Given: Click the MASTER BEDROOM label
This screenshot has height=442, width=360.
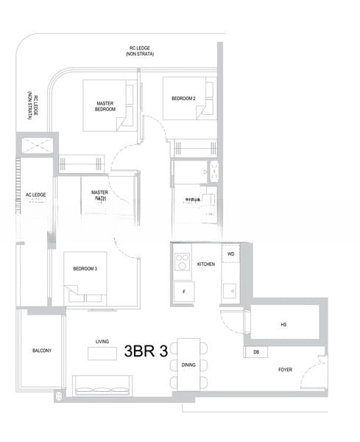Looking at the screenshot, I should (106, 106).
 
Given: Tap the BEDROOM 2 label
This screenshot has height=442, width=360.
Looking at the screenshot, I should (183, 98).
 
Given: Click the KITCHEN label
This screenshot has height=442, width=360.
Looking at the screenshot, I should (206, 264).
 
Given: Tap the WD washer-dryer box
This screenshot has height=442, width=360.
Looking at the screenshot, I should (230, 254).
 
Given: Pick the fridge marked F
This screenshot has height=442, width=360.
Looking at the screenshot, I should (183, 292).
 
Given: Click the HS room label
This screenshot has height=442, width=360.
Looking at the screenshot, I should (283, 325).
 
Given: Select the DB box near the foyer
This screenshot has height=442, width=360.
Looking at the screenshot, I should (255, 352).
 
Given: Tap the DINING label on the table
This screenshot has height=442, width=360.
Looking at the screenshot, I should (188, 364).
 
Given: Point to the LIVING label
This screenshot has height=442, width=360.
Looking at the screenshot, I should (102, 341).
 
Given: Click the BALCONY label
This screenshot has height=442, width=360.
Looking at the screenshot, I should (42, 351).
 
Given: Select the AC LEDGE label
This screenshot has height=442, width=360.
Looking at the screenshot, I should (35, 194).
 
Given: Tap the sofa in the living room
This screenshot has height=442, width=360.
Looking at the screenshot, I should (102, 383).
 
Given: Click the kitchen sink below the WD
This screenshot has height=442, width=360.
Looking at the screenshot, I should (230, 290).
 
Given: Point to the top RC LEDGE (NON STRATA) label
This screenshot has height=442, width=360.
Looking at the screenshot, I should (138, 52).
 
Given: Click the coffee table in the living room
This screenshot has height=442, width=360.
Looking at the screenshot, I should (102, 354).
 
